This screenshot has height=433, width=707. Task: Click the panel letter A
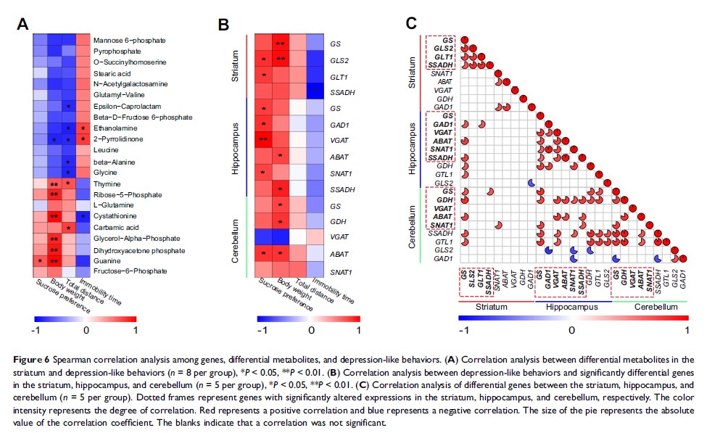click(24, 25)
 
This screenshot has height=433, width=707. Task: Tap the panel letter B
click(225, 25)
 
